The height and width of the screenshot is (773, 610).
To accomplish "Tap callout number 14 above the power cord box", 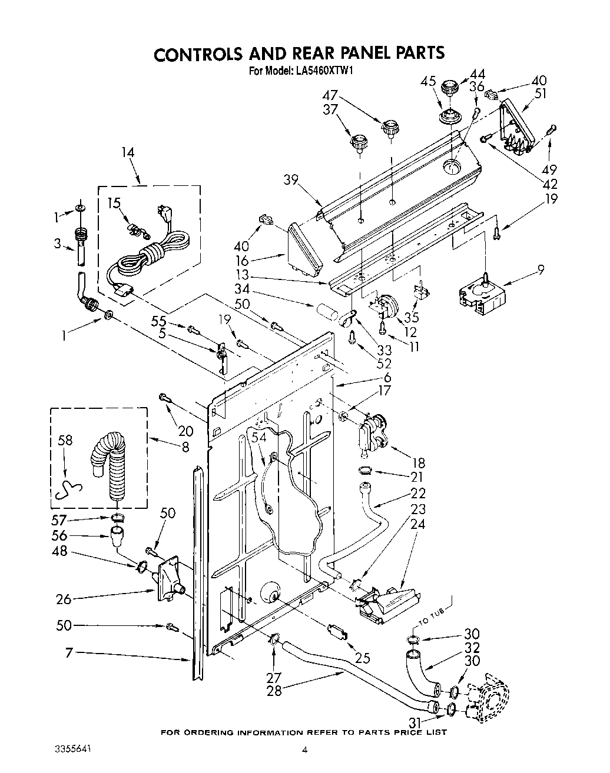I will [x=128, y=153].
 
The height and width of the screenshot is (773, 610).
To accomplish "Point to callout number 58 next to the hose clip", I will [x=65, y=440].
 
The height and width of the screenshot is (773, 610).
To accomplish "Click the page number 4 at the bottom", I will [x=304, y=749].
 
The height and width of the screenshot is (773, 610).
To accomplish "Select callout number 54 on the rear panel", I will [x=257, y=438].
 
